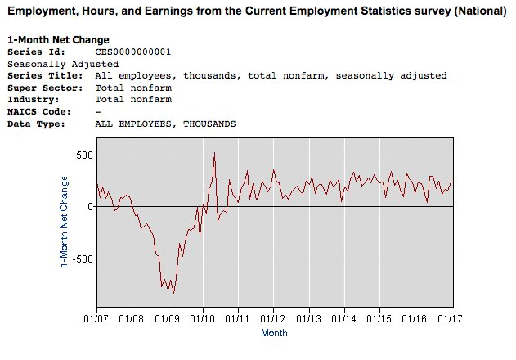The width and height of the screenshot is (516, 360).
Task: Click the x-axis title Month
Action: (274, 333)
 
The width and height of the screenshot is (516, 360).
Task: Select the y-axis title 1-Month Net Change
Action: (65, 220)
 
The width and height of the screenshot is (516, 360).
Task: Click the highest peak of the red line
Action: (214, 153)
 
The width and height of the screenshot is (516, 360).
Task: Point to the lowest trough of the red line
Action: (173, 292)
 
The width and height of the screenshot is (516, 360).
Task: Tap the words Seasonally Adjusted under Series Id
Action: (62, 64)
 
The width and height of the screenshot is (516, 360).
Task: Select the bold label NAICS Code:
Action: (39, 111)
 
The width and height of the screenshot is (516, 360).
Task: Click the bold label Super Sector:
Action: (42, 88)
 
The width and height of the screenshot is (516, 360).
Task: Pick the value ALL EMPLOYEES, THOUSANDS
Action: (166, 124)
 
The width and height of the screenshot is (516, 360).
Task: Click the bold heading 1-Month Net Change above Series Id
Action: (58, 40)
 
